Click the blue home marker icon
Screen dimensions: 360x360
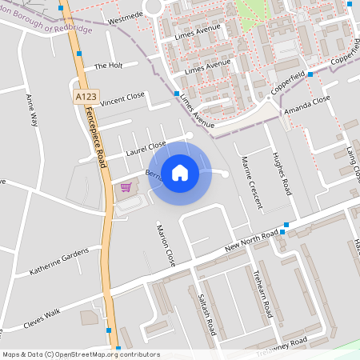coord(180,172)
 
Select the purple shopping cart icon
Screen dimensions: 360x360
coord(126,187)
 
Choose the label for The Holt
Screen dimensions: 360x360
coord(108,66)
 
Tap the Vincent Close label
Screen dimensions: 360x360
coord(122,98)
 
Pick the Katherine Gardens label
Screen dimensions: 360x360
coord(60,260)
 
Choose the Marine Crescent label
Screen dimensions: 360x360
coord(251,182)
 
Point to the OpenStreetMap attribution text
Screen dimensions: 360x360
coord(81,354)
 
